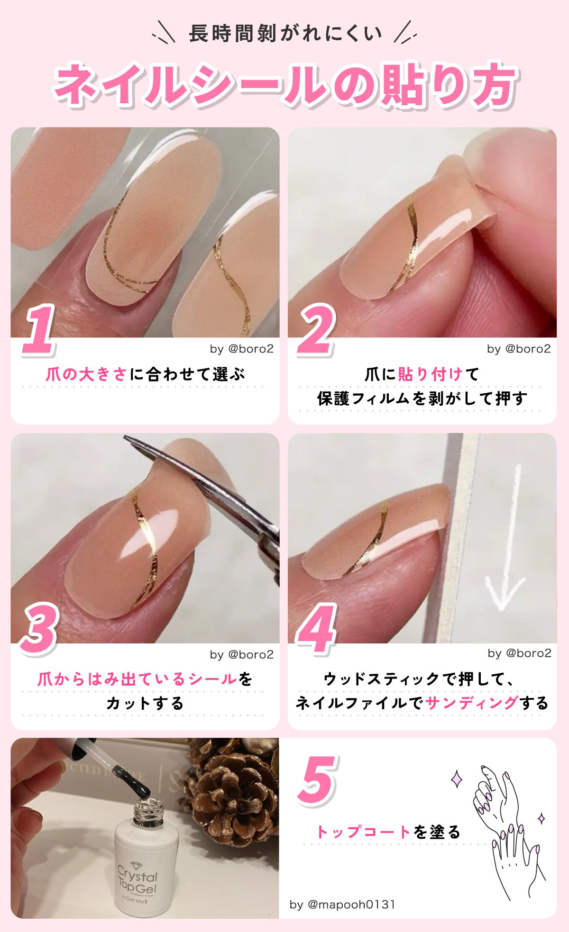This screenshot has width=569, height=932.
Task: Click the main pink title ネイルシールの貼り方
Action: (x=284, y=85)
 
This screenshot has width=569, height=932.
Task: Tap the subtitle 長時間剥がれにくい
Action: (x=284, y=34)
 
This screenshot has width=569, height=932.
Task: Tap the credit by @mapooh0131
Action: (x=342, y=904)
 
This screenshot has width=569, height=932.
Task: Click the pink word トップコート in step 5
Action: (x=363, y=832)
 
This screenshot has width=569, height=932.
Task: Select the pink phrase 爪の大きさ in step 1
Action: (x=87, y=374)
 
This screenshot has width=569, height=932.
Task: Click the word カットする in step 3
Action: (x=145, y=703)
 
